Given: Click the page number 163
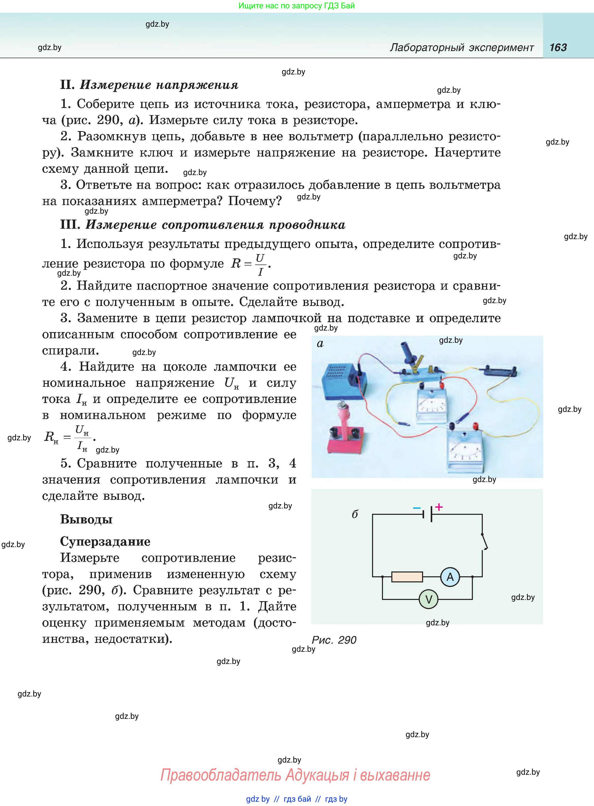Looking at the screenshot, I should point(558,48).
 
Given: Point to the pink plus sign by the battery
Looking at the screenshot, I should point(439,507).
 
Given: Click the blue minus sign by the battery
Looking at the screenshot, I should point(417,508).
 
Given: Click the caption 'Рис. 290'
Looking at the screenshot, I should point(334,640).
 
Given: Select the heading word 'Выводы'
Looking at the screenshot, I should point(86,519).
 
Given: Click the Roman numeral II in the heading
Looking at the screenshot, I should point(68,85).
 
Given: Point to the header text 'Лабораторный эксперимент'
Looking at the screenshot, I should point(462,48).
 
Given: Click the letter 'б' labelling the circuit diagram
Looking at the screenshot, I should point(355,514).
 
